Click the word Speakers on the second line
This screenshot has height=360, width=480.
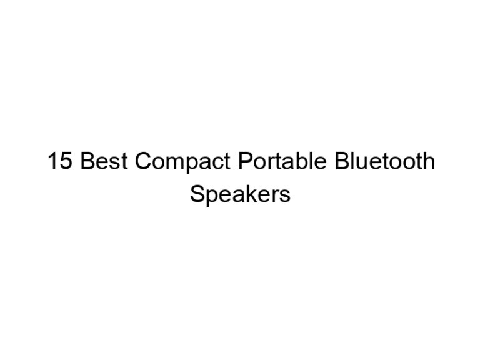pos(240,195)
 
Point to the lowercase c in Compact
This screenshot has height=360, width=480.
pos(215,165)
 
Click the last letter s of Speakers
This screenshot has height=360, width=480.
pos(285,196)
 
